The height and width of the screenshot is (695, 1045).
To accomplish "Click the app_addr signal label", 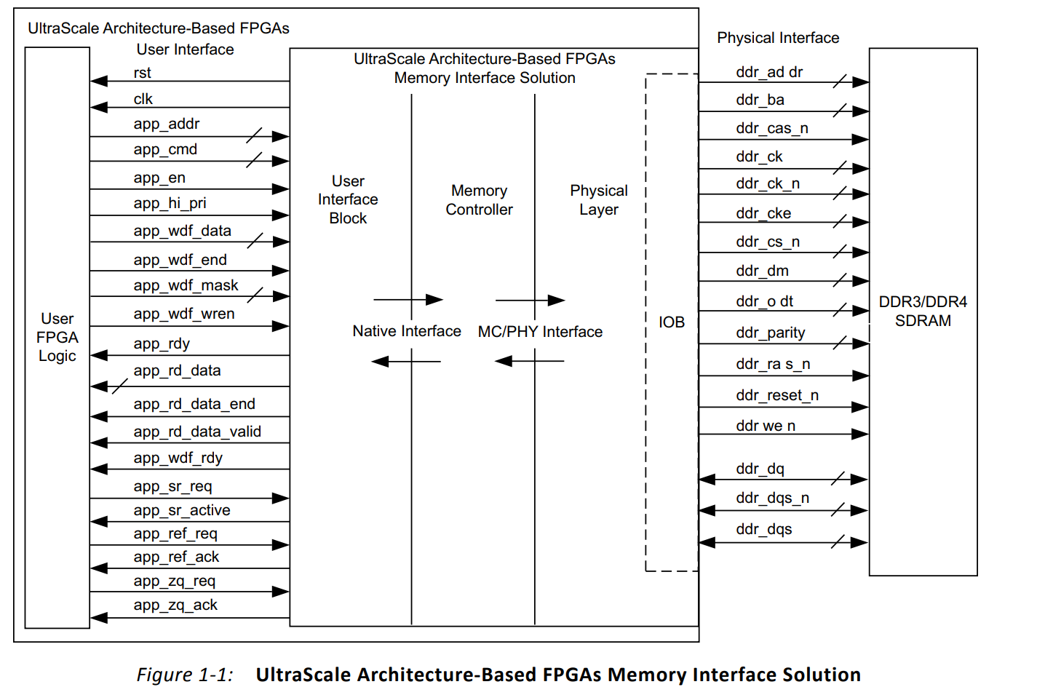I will pos(166,124).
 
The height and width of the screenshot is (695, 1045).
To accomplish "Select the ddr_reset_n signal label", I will pos(776,395).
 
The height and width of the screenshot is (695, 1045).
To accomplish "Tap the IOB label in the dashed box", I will pos(671,322).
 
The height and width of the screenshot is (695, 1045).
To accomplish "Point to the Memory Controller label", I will pos(479,200).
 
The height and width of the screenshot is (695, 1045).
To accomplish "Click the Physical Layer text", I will pos(598,200).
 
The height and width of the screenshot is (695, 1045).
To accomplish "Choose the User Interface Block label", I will pos(348,199).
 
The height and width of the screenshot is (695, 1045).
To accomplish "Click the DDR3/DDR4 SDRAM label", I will pos(922,311).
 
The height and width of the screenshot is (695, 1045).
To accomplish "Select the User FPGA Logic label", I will pos(57,337).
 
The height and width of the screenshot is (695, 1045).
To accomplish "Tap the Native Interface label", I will pos(406,331).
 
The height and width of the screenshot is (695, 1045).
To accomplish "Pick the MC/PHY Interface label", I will pos(540,332).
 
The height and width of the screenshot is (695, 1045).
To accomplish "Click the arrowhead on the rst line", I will pos(98,81).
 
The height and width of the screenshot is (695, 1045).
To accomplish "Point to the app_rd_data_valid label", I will pos(196,432).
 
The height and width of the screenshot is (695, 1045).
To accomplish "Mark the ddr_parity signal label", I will pos(770,333).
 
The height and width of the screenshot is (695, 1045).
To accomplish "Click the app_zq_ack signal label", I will pos(175,605).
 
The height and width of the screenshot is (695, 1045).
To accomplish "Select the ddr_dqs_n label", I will pos(772,498).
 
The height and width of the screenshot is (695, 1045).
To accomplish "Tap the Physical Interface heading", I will pos(777,38).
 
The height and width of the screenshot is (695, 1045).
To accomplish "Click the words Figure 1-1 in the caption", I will pos(185,675).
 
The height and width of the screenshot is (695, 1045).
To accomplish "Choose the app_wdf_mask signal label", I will pos(186,285).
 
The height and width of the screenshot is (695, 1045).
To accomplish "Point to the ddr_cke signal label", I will pos(763,213).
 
